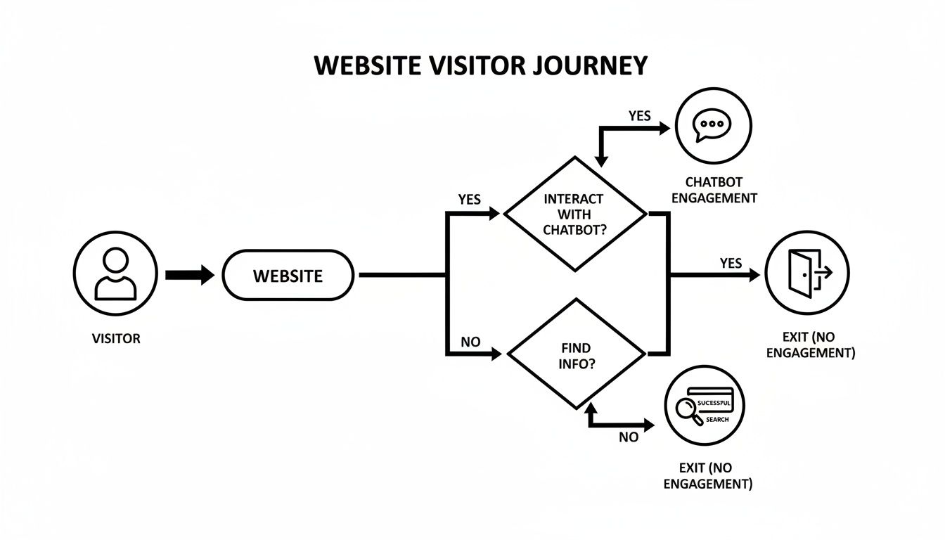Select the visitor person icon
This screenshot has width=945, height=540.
[115, 274]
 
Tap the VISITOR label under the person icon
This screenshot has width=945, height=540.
[116, 339]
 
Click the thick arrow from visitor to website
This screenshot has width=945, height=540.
[189, 274]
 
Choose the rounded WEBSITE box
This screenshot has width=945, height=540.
[288, 275]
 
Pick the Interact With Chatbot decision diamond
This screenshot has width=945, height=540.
[574, 214]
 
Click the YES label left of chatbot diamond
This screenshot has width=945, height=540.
[469, 200]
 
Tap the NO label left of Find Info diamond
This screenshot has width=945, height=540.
[470, 342]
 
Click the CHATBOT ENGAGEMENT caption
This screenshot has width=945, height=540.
[714, 191]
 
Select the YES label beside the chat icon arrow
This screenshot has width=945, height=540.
[639, 116]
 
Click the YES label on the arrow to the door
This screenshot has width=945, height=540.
[731, 263]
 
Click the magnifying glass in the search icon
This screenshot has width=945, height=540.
[686, 410]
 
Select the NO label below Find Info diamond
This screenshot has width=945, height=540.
[629, 437]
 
